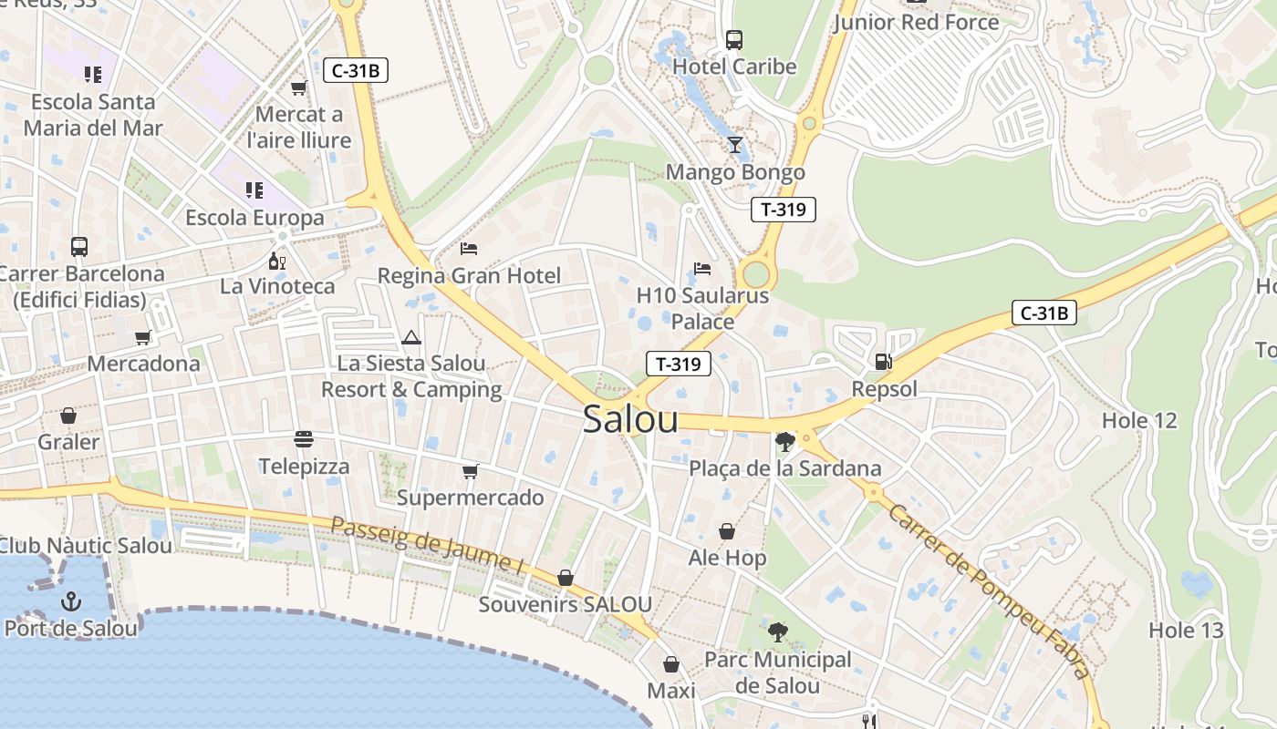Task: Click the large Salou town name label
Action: pos(630,419)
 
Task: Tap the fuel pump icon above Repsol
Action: pos(883,361)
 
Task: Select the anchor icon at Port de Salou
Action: pos(71,601)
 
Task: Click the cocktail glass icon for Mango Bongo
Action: pos(735,145)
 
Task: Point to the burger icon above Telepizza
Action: pos(304,440)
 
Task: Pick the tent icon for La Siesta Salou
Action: pos(411,337)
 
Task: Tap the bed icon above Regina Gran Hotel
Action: pos(469,248)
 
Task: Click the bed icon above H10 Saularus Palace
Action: pos(702,269)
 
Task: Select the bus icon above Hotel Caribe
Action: pos(734,39)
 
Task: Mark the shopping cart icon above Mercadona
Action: pos(143,338)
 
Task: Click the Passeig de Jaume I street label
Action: pos(427,546)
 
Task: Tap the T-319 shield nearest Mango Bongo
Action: pos(783,210)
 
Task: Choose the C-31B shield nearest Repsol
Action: pos(1043,313)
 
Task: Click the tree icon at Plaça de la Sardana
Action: pos(784,442)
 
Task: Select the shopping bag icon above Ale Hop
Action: pos(727,531)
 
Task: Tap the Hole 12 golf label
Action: pos(1139,420)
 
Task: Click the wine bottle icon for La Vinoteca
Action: pos(277,261)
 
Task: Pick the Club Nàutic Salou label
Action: pos(85,546)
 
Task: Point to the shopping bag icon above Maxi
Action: pos(671,664)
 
